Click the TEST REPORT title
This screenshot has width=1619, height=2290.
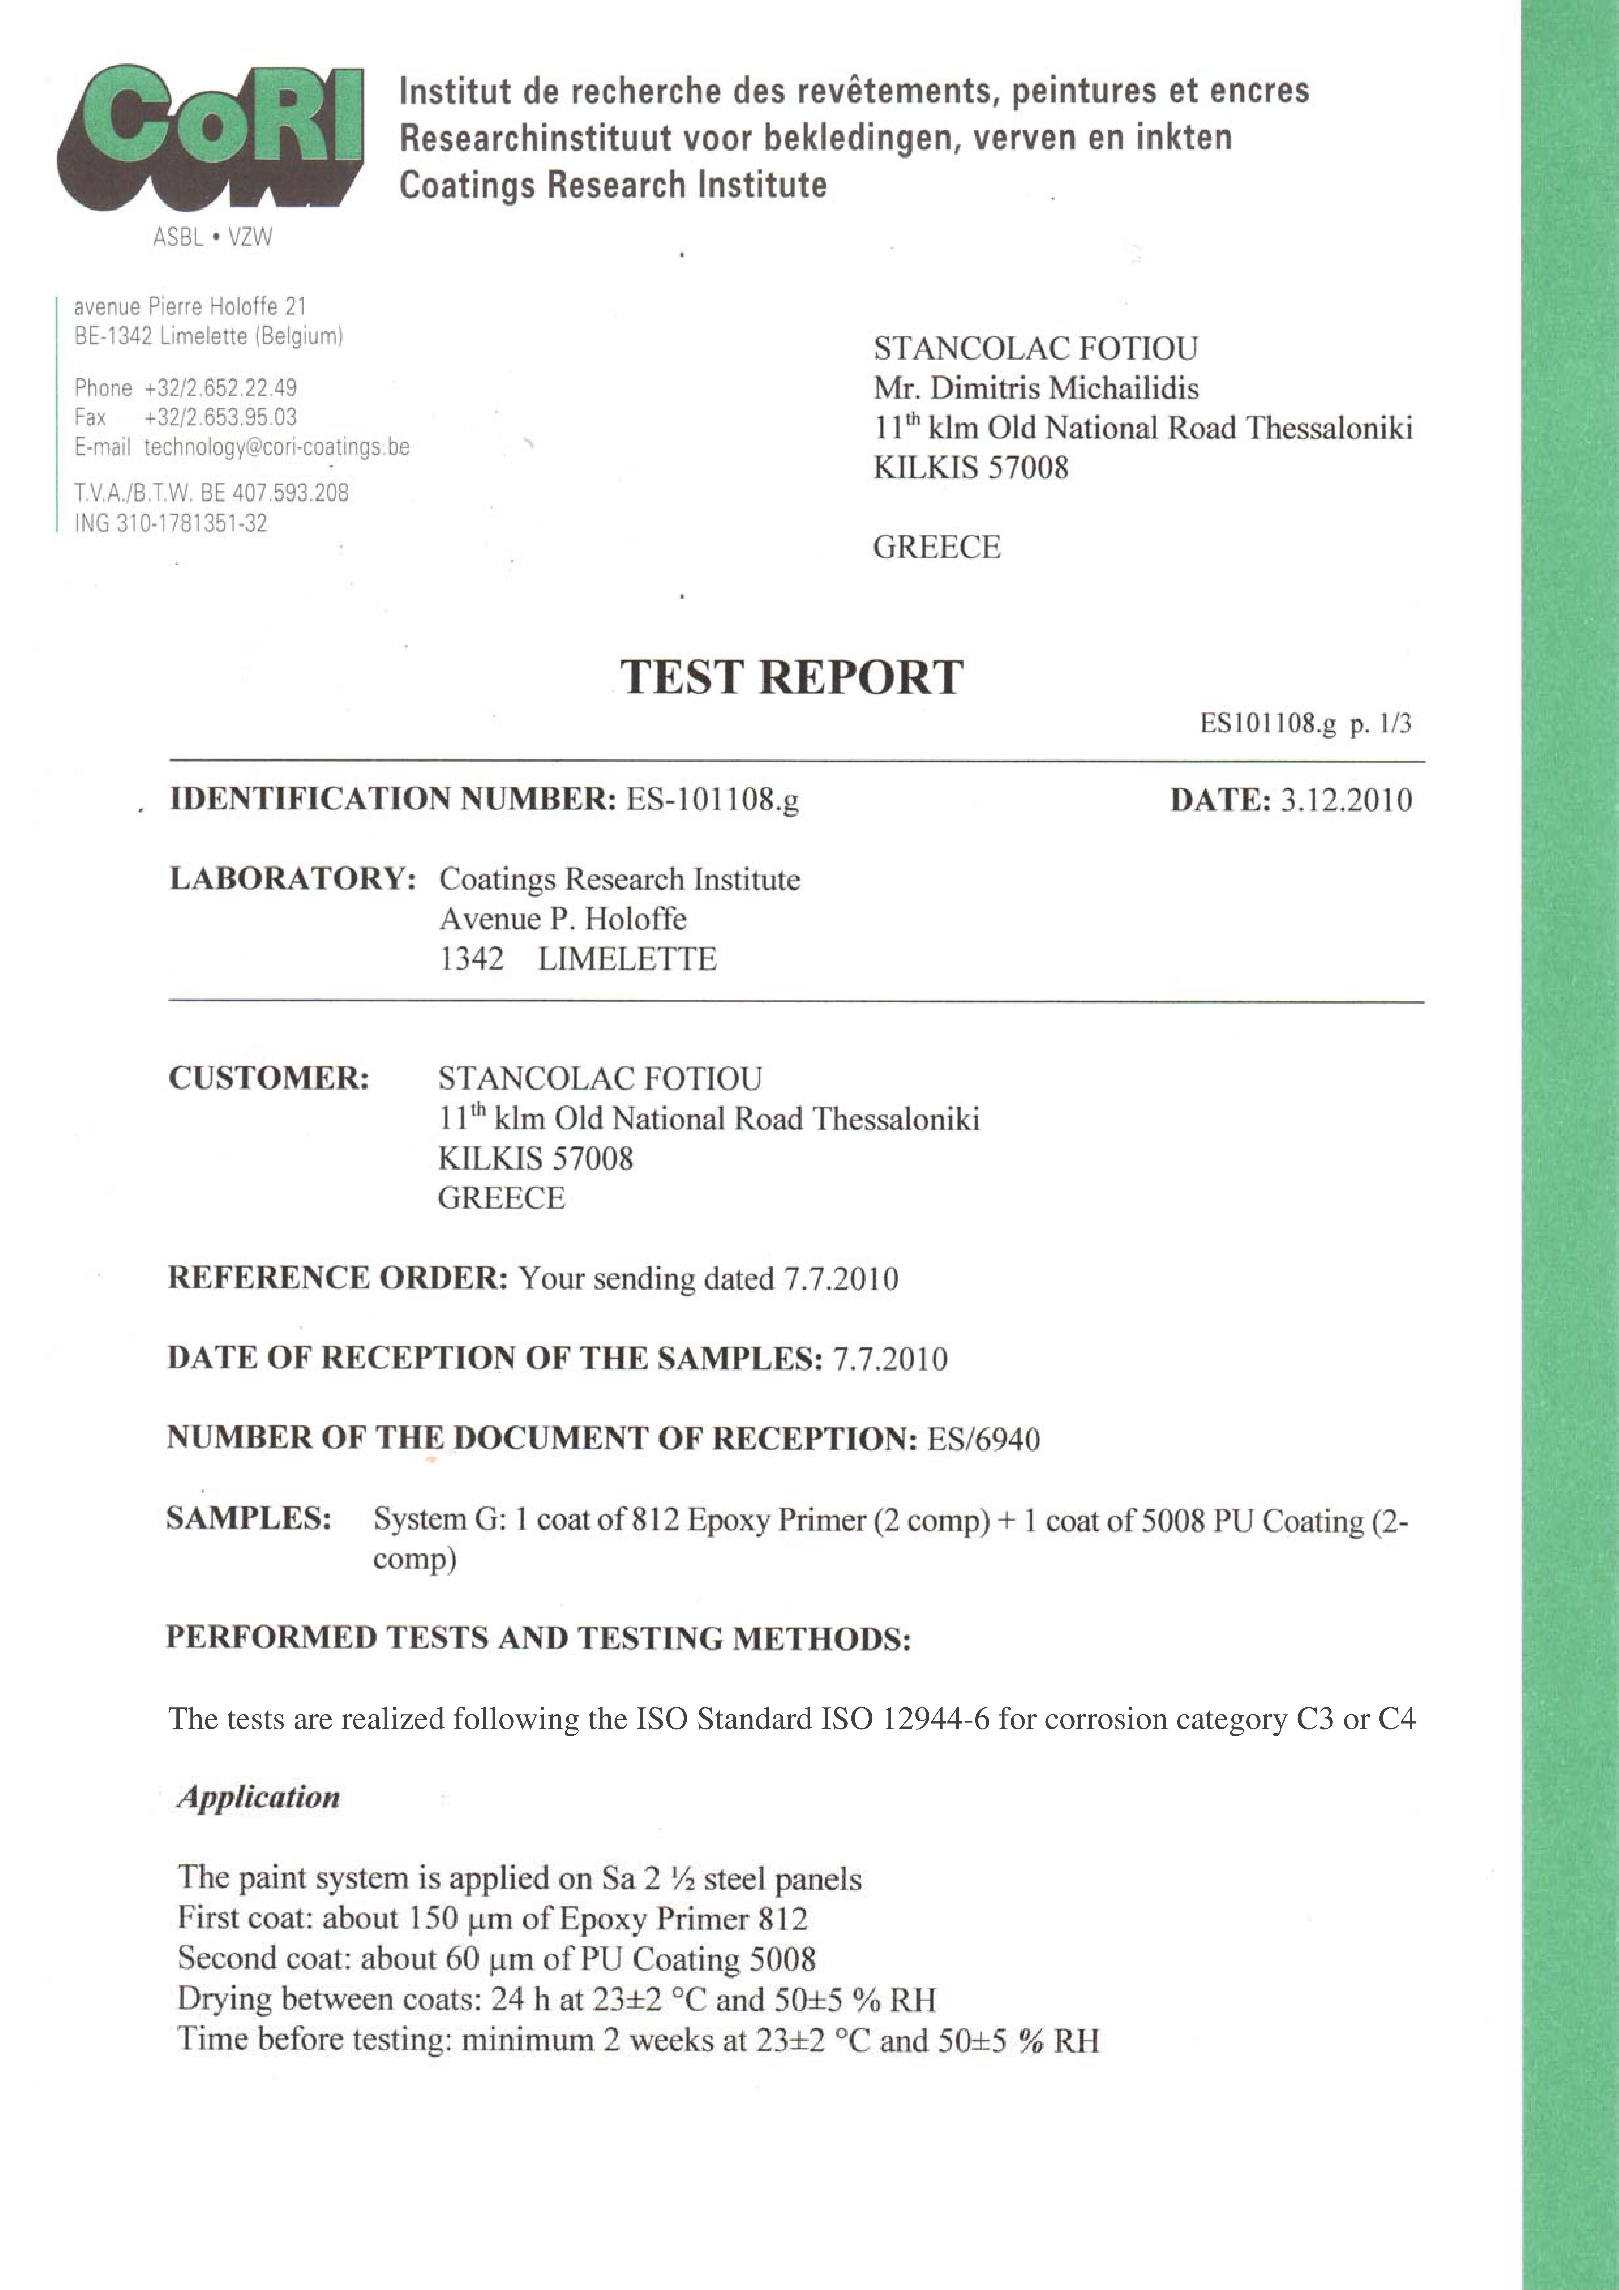click(791, 677)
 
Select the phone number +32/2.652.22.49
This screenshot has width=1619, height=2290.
click(220, 388)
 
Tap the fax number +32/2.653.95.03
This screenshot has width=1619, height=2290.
click(220, 417)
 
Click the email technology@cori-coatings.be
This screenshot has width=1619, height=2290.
click(276, 447)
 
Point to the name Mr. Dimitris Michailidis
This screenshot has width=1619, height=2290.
click(1035, 388)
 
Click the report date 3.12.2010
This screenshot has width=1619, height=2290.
click(1346, 800)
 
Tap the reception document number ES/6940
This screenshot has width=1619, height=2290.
click(983, 1439)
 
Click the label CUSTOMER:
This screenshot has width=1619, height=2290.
click(268, 1078)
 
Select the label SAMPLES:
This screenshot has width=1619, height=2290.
click(248, 1519)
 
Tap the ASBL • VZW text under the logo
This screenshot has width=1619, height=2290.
click(212, 237)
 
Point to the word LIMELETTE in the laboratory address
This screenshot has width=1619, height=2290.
click(626, 959)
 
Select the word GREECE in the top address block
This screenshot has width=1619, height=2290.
click(936, 548)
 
